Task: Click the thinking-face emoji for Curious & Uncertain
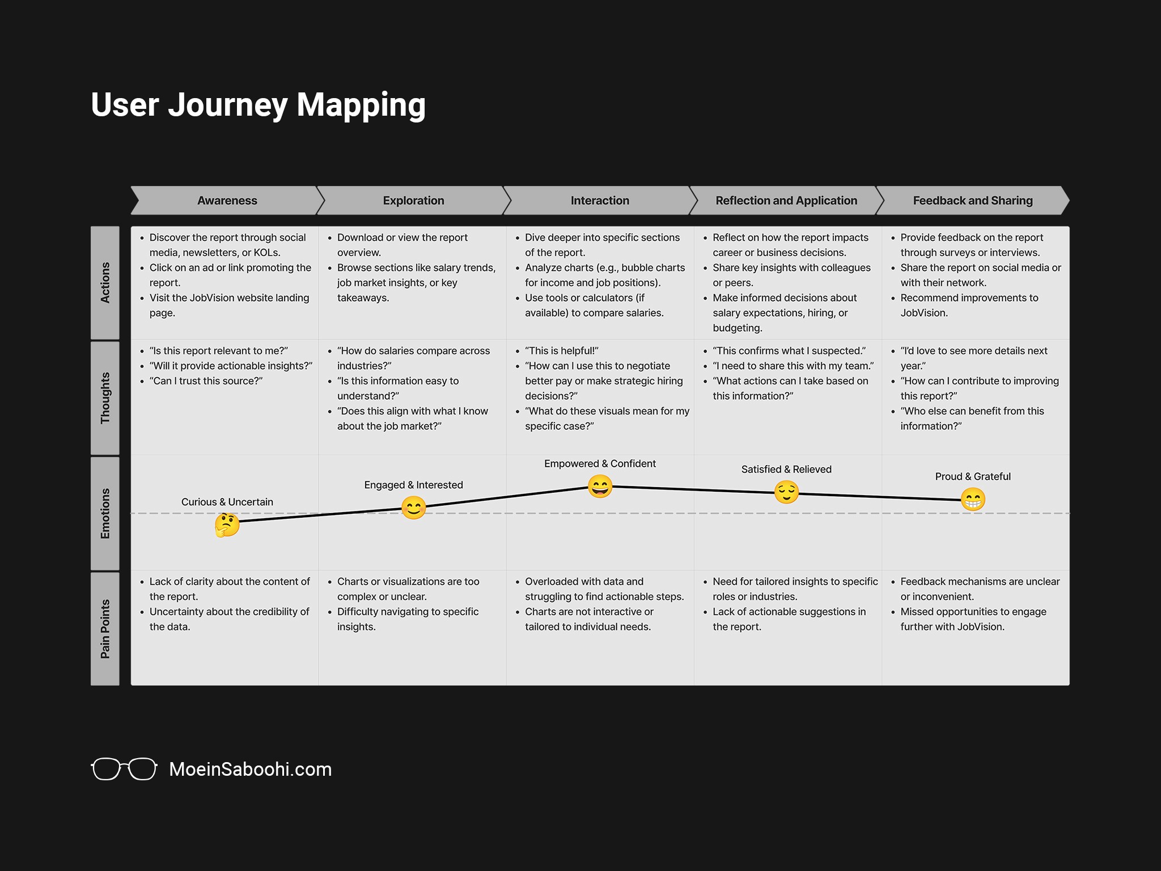click(227, 525)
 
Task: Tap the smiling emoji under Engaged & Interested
click(413, 508)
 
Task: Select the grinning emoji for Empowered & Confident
click(600, 487)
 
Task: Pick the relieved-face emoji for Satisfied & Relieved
click(786, 492)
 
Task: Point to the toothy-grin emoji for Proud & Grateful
click(973, 500)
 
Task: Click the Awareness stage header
click(227, 201)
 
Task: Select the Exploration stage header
click(413, 201)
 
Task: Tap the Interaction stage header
click(600, 201)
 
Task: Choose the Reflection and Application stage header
click(786, 201)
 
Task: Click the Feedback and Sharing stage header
click(973, 201)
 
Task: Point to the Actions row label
click(105, 282)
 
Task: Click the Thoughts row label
click(105, 398)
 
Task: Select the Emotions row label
click(105, 513)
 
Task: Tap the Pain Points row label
click(105, 629)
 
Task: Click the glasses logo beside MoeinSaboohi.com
click(124, 769)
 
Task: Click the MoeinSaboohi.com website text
click(250, 769)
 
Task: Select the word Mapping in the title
click(361, 105)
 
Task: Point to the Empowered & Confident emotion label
click(600, 464)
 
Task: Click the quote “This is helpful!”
click(561, 351)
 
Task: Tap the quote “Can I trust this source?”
click(206, 381)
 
